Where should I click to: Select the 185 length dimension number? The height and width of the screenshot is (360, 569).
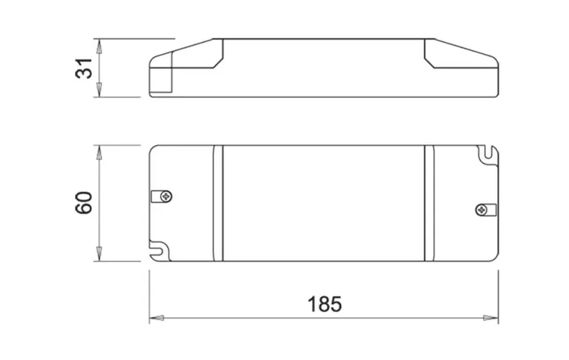point(324,304)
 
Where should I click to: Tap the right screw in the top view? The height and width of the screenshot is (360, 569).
point(482,210)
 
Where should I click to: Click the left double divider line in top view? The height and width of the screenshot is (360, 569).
point(218,203)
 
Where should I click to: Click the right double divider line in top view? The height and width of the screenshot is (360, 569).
point(428,203)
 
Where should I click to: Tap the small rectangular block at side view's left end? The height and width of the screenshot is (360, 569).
point(161,81)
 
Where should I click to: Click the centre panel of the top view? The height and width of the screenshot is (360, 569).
point(323,203)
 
